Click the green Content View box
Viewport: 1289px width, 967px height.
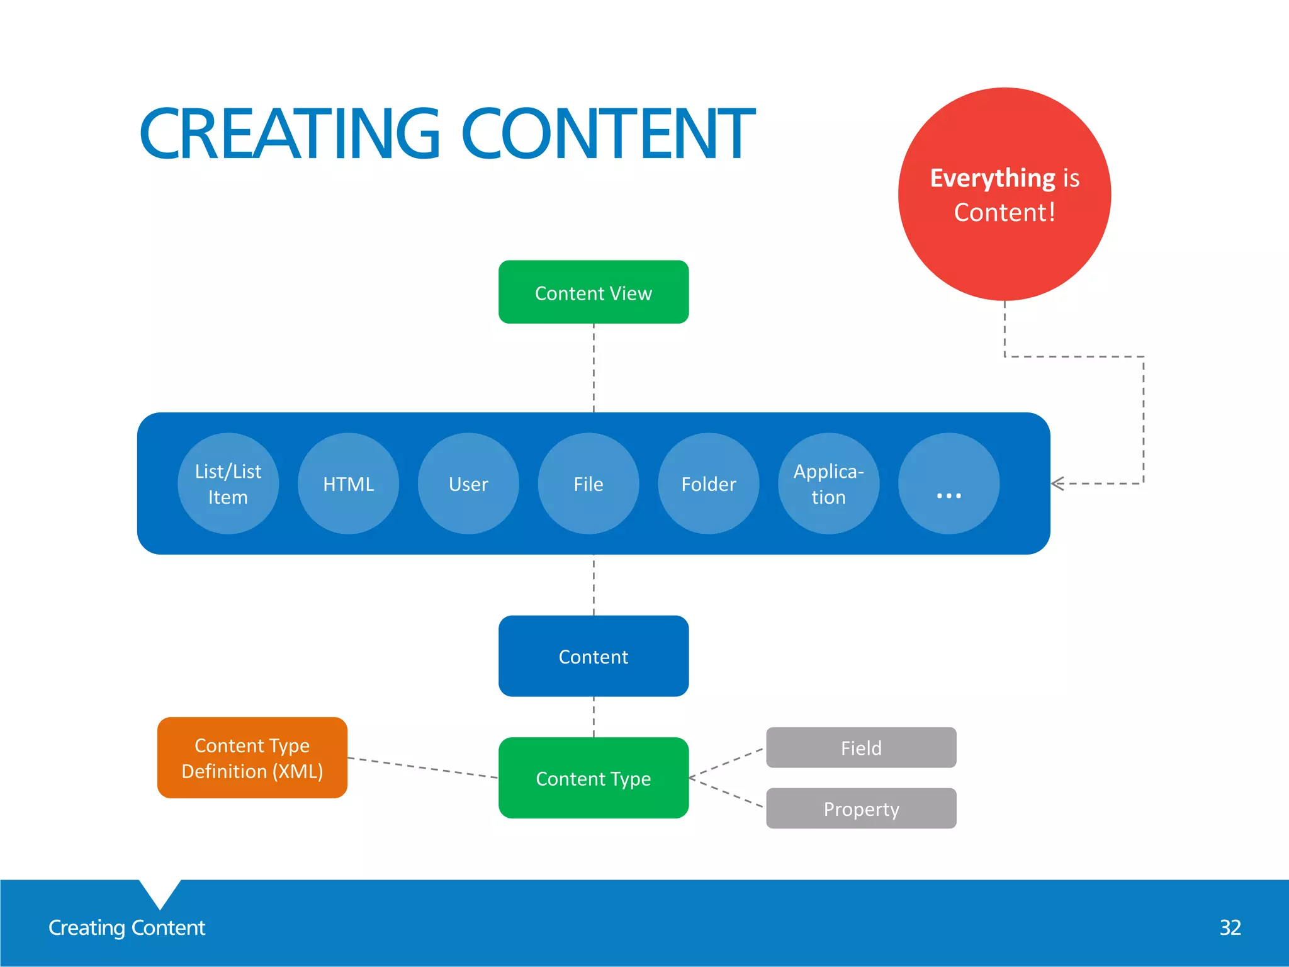click(x=593, y=292)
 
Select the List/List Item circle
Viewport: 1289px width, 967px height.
click(x=228, y=483)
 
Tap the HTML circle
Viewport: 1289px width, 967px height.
click(x=348, y=483)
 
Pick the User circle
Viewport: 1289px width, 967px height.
click(x=468, y=483)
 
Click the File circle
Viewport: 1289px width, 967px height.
click(x=588, y=483)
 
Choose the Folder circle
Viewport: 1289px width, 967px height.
click(x=708, y=483)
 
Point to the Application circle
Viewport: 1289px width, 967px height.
click(x=828, y=483)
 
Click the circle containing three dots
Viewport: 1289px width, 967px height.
click(x=948, y=483)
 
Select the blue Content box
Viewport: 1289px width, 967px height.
click(x=593, y=656)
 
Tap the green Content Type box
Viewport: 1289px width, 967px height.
click(x=593, y=778)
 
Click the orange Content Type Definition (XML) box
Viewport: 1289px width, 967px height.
click(x=252, y=758)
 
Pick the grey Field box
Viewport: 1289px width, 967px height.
click(x=861, y=748)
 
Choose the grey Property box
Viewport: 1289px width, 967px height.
click(x=861, y=808)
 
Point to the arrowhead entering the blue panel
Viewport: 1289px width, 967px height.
click(x=1057, y=483)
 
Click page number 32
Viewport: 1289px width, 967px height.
click(x=1230, y=927)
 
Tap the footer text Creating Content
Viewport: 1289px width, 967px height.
click(x=127, y=927)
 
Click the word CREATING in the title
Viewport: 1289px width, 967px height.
click(x=289, y=133)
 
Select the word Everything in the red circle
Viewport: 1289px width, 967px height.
click(x=992, y=178)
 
